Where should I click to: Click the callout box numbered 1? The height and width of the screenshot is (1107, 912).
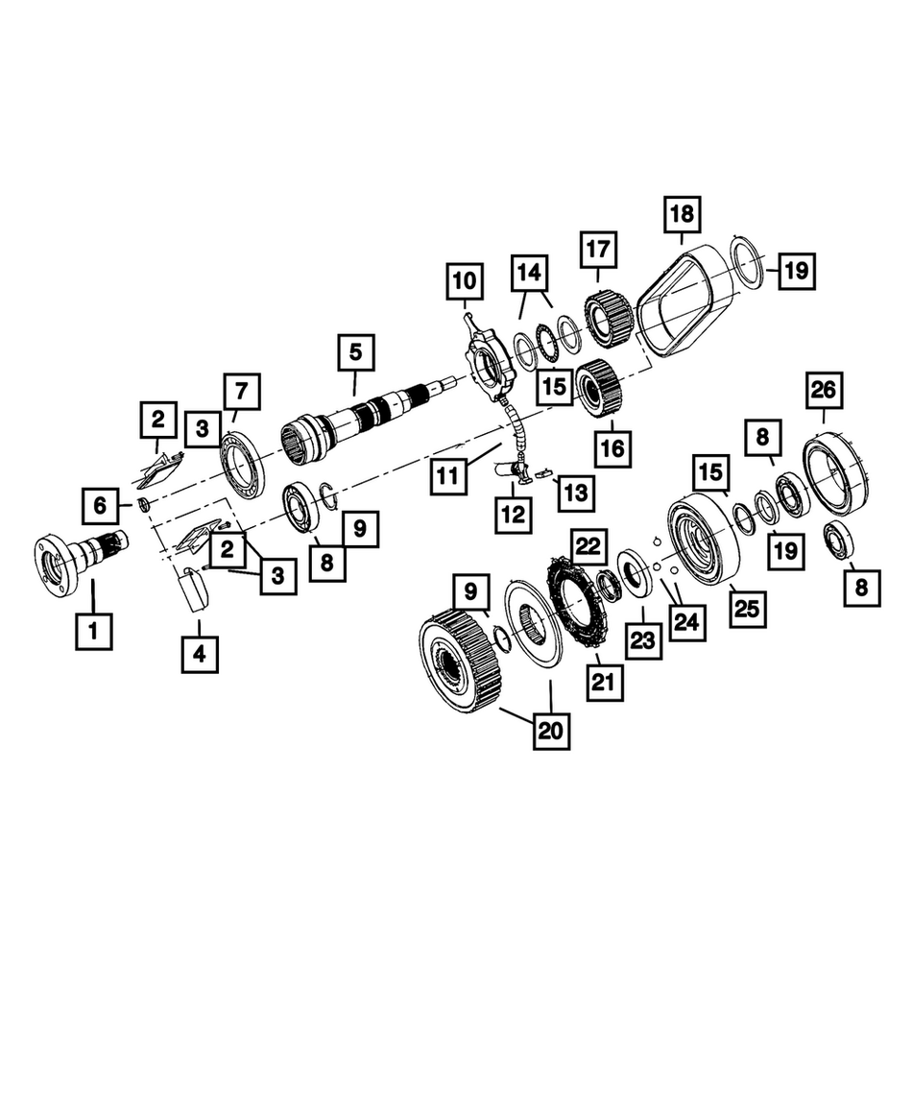93,631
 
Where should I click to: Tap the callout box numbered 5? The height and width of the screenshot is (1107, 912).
355,352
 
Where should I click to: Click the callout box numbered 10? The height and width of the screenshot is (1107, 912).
464,281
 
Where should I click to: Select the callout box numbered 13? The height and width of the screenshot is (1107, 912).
576,493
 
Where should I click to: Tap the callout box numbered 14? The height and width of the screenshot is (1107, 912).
529,273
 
